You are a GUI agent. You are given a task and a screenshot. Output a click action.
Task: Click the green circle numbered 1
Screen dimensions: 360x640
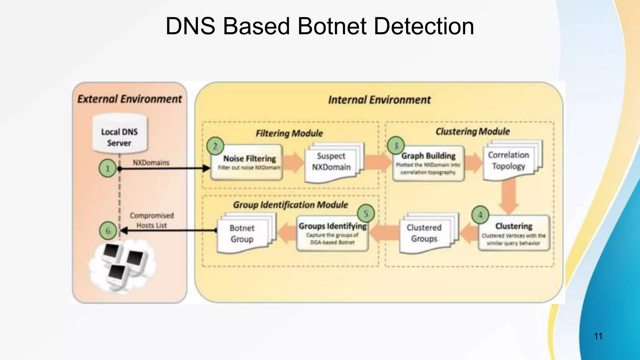point(107,168)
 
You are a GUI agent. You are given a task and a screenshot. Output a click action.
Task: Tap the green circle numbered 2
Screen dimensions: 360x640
point(215,146)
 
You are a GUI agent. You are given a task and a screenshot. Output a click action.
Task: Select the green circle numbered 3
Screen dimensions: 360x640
point(396,146)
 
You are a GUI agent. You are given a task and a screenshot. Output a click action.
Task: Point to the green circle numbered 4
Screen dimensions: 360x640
point(480,215)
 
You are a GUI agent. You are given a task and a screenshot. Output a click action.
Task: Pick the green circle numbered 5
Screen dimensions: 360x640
point(366,213)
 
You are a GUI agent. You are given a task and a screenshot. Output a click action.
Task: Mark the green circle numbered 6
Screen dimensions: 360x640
point(108,231)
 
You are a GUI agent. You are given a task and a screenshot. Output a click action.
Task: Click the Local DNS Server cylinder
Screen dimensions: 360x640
point(120,134)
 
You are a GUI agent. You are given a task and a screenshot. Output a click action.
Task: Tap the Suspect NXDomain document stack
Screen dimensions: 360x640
point(332,162)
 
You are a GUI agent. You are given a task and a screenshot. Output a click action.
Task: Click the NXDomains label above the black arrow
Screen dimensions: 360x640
point(151,162)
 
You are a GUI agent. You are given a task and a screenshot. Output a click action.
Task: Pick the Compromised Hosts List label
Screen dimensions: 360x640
point(152,220)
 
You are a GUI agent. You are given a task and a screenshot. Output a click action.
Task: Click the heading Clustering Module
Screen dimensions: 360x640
point(472,132)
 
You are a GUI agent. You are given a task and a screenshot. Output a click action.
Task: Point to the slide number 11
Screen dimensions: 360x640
point(598,336)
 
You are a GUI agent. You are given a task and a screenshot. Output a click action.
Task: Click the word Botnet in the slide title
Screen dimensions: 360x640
point(332,26)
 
